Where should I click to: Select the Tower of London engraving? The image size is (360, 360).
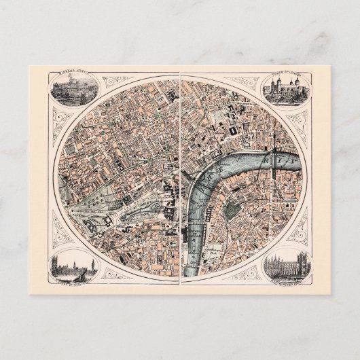point(286,88)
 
